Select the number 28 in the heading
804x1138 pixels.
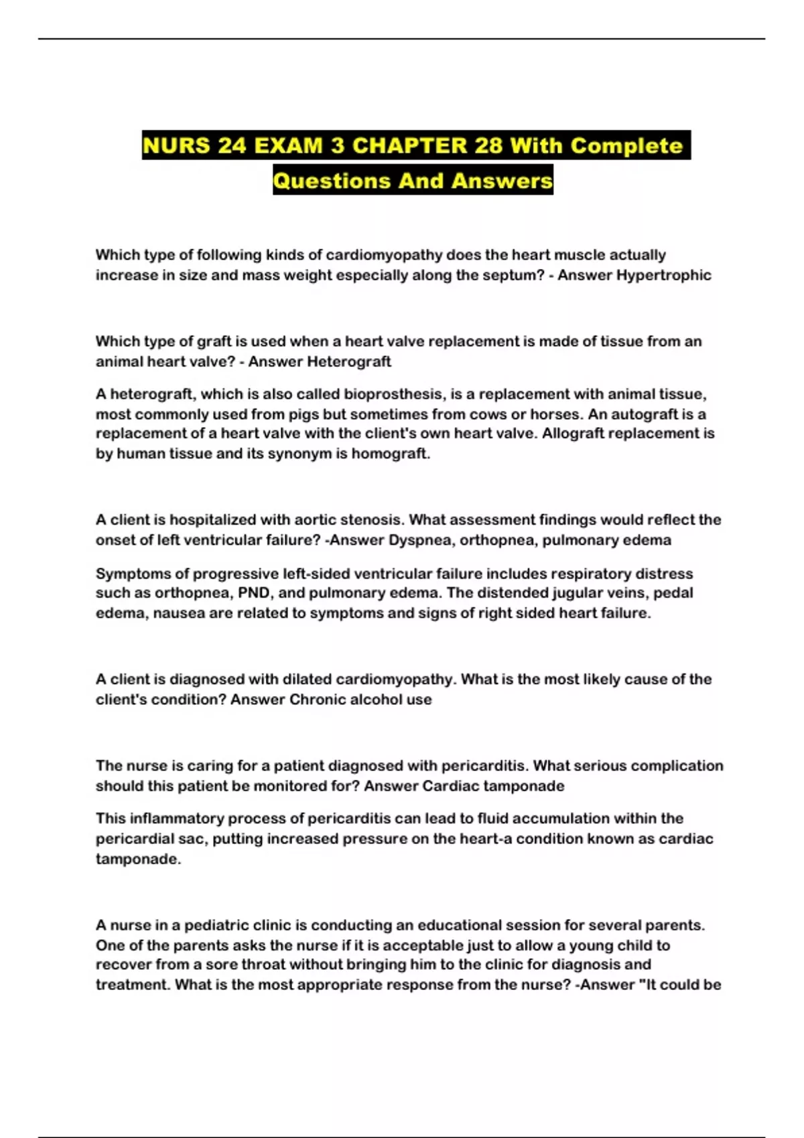488,145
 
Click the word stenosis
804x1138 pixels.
371,519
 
